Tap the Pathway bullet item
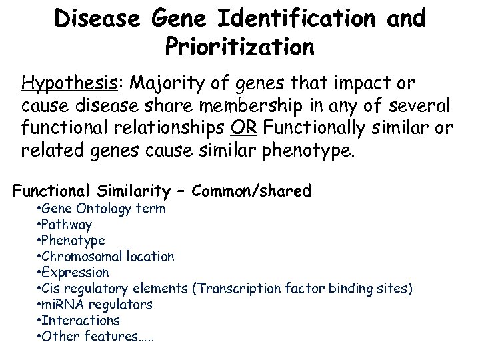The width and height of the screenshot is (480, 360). (65, 224)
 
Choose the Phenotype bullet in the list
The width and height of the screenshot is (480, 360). (71, 240)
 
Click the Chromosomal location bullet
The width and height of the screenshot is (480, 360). (106, 256)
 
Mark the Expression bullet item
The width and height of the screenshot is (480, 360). (74, 272)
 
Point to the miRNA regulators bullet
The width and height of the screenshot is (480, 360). (95, 304)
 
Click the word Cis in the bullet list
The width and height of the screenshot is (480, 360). (51, 288)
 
